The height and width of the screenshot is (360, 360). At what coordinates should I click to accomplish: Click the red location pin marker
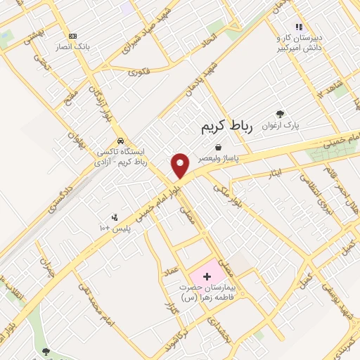(x=181, y=165)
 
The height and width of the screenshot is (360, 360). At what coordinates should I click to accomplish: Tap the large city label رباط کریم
(x=221, y=127)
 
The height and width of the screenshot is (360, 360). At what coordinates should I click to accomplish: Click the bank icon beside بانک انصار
(x=72, y=36)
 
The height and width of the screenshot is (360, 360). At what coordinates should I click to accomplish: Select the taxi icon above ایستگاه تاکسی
(x=121, y=140)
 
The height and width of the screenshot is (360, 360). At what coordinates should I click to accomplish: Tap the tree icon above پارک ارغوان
(x=281, y=114)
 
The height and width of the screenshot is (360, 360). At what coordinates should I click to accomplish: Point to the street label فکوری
(x=140, y=70)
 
